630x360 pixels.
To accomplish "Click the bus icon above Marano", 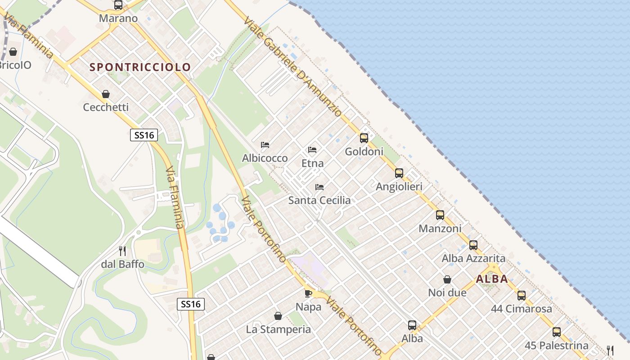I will [118, 5].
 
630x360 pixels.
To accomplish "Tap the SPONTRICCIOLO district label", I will [140, 67].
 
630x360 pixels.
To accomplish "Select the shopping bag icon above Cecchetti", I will [106, 94].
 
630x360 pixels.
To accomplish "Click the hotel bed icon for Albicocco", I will [265, 145].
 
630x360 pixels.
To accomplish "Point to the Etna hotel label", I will [312, 163].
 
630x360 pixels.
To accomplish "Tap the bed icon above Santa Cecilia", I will [319, 187].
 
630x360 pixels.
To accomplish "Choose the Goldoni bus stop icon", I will [364, 138].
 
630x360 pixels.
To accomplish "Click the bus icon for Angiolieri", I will [399, 173].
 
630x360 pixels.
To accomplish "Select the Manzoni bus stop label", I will [440, 229].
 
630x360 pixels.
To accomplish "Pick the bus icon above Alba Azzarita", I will [473, 245].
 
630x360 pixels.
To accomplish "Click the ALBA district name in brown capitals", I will [492, 279].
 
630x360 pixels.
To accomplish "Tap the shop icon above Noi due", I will [447, 279].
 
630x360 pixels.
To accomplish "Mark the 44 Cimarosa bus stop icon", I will [522, 296].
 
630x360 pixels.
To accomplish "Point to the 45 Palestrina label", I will [557, 346].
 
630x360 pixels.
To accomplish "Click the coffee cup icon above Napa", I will [308, 293].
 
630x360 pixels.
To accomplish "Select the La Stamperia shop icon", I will [278, 316].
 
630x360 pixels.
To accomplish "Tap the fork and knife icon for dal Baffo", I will [122, 251].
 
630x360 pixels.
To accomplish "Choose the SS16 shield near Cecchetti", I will [144, 135].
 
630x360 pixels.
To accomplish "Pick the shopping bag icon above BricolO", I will [13, 52].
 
